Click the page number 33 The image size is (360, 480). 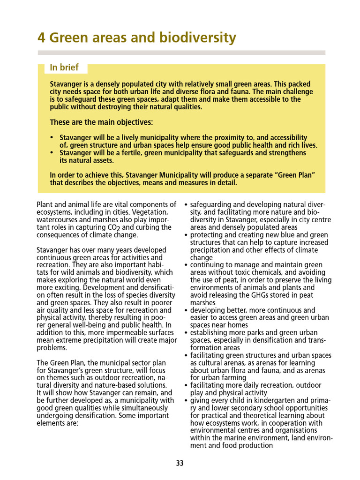pos(180,464)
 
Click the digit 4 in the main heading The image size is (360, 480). pos(41,37)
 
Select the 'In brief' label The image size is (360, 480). pos(64,67)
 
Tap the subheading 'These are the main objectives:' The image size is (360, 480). pos(101,122)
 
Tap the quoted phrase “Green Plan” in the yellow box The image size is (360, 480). pos(294,175)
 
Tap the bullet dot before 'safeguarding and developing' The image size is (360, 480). pos(186,205)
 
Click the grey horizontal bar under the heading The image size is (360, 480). pos(181,52)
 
